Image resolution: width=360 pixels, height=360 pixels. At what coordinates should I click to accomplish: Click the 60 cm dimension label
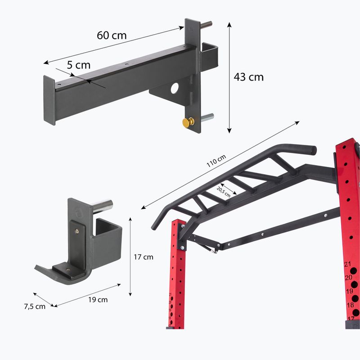click(112, 35)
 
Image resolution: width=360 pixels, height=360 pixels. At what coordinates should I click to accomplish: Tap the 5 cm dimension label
click(79, 64)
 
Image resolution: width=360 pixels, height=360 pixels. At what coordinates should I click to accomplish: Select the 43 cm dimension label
click(248, 77)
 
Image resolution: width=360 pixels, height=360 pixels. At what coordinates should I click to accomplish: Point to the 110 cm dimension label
click(216, 161)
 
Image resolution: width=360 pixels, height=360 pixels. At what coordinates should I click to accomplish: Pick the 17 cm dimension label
click(144, 257)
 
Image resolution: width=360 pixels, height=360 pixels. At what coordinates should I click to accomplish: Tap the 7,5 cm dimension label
click(34, 306)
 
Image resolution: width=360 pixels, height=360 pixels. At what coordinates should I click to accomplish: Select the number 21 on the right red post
click(347, 265)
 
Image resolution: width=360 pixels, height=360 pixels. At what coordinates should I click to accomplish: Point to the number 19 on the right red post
click(349, 292)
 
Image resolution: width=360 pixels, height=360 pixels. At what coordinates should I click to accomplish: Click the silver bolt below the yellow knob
click(207, 119)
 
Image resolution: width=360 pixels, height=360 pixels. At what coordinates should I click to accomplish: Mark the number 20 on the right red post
click(348, 278)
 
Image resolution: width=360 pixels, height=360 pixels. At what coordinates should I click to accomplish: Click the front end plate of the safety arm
click(49, 100)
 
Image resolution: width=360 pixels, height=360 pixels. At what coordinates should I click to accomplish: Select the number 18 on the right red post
click(350, 305)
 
